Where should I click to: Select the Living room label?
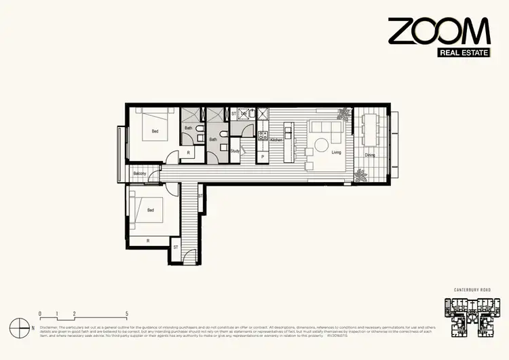336,153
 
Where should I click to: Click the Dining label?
370,155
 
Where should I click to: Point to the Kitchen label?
276,140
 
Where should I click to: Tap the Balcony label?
140,174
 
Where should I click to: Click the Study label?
235,151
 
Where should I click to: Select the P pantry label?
262,157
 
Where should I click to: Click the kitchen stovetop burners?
261,135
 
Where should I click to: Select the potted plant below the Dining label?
360,176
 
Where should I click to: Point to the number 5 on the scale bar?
127,314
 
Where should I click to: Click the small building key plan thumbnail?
472,317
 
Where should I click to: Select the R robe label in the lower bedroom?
149,240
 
